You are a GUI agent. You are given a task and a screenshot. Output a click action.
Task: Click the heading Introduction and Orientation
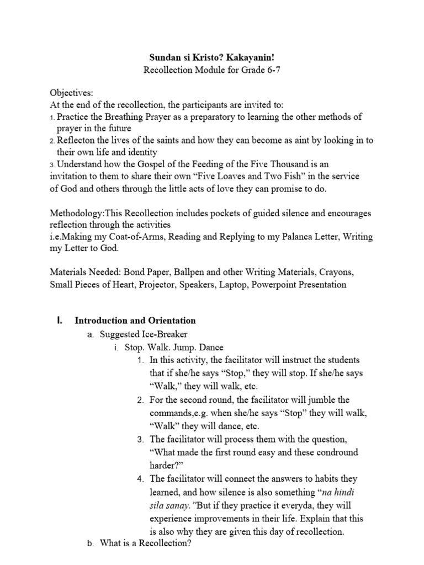pos(135,321)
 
